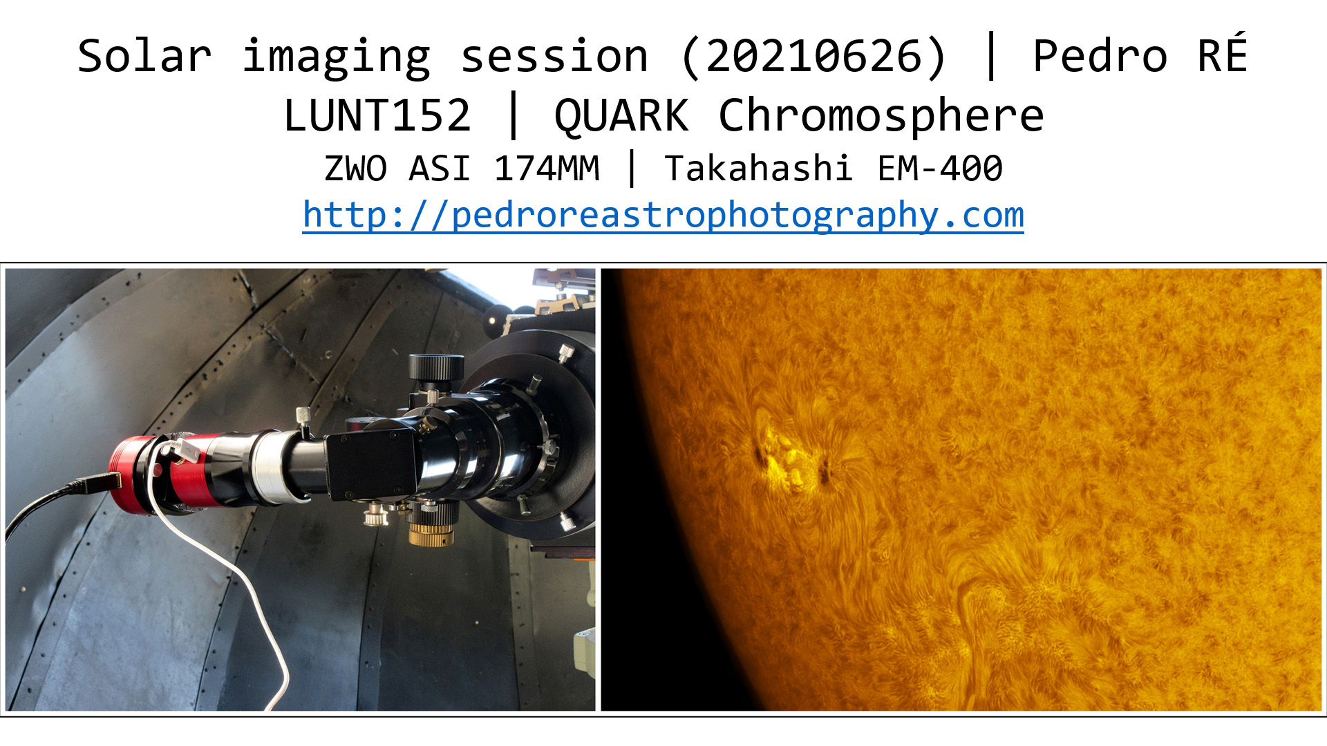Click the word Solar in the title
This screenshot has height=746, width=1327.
pos(144,57)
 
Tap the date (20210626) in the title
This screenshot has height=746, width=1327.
pos(814,57)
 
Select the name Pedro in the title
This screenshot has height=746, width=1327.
pos(1100,57)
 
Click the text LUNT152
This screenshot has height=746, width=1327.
pos(377,115)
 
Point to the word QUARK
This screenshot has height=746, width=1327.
pos(621,116)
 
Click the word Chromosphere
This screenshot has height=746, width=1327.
pos(881,116)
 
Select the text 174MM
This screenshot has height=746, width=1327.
pos(547,169)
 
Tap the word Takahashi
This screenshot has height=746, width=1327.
pos(757,169)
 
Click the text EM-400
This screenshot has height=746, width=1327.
pos(940,169)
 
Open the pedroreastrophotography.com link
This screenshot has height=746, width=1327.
pos(663,215)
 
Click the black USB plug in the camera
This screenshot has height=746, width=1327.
pos(97,483)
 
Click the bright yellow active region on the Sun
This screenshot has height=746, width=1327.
pos(793,459)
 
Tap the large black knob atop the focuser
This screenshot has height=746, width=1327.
pos(436,366)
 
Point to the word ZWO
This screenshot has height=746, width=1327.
pos(355,169)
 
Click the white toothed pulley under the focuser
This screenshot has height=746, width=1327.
pos(375,515)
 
